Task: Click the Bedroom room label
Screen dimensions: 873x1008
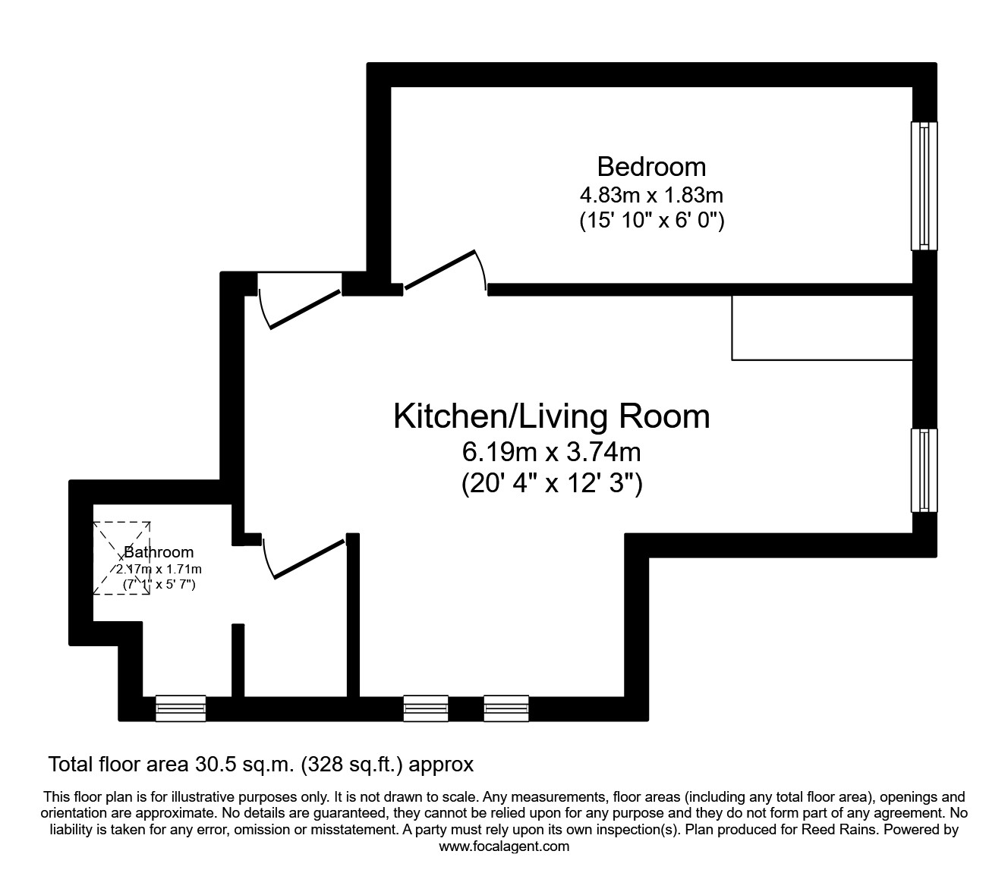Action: click(651, 166)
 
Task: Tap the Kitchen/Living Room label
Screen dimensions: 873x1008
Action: click(552, 416)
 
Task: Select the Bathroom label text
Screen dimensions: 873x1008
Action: click(159, 552)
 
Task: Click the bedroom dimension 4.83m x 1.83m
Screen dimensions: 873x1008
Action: click(651, 195)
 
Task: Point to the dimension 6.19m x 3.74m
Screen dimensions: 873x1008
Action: click(552, 453)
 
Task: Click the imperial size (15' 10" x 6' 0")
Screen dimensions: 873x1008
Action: click(651, 221)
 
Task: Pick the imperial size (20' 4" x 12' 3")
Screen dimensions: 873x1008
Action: click(552, 484)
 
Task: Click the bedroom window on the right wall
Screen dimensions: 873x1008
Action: click(924, 186)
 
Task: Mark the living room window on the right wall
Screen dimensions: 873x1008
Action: click(924, 470)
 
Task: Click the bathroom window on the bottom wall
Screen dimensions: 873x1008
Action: click(181, 708)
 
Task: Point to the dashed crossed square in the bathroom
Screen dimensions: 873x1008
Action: click(121, 557)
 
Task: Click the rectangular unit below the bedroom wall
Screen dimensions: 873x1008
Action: click(821, 328)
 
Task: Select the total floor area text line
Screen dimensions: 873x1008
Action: click(260, 765)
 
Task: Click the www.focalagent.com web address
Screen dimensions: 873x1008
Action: click(504, 846)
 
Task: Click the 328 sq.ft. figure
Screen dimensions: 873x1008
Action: click(351, 765)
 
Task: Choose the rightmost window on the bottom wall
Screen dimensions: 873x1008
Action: click(506, 708)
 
